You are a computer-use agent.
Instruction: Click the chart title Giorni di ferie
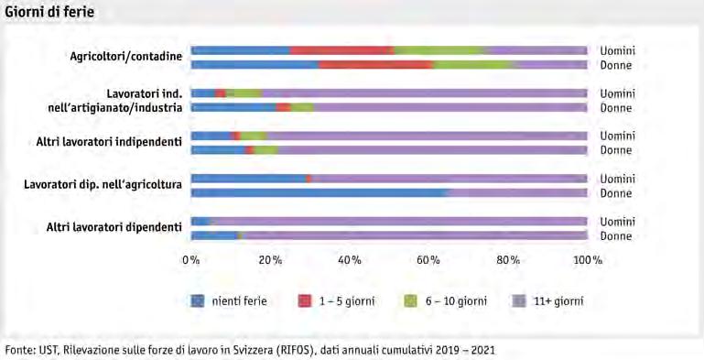pyautogui.click(x=49, y=11)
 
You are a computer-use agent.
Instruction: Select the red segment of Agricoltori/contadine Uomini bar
pyautogui.click(x=342, y=50)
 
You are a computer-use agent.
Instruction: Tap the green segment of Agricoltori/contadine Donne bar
pyautogui.click(x=473, y=65)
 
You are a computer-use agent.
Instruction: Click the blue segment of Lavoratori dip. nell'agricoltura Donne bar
pyautogui.click(x=320, y=192)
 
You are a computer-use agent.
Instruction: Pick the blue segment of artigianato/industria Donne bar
pyautogui.click(x=234, y=107)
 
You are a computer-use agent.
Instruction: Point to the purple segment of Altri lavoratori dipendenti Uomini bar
pyautogui.click(x=399, y=221)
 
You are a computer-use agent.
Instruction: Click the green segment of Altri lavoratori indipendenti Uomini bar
pyautogui.click(x=255, y=136)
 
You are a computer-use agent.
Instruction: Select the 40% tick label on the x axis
pyautogui.click(x=350, y=260)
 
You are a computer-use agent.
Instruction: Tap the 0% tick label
pyautogui.click(x=191, y=260)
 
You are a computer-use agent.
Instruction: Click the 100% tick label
pyautogui.click(x=587, y=260)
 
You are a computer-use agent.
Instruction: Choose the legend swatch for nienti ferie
pyautogui.click(x=198, y=300)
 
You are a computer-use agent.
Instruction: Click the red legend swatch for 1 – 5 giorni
pyautogui.click(x=305, y=300)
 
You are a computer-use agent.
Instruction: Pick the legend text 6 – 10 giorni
pyautogui.click(x=456, y=300)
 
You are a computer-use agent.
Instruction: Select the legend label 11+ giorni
pyautogui.click(x=558, y=300)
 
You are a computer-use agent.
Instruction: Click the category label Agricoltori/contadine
pyautogui.click(x=126, y=57)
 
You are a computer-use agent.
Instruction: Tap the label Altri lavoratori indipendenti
pyautogui.click(x=109, y=142)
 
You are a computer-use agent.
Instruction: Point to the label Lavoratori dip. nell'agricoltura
pyautogui.click(x=103, y=185)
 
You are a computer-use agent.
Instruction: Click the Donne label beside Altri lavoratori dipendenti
pyautogui.click(x=616, y=236)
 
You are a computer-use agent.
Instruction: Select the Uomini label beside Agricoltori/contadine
pyautogui.click(x=618, y=50)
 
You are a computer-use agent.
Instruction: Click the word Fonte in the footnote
pyautogui.click(x=17, y=350)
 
